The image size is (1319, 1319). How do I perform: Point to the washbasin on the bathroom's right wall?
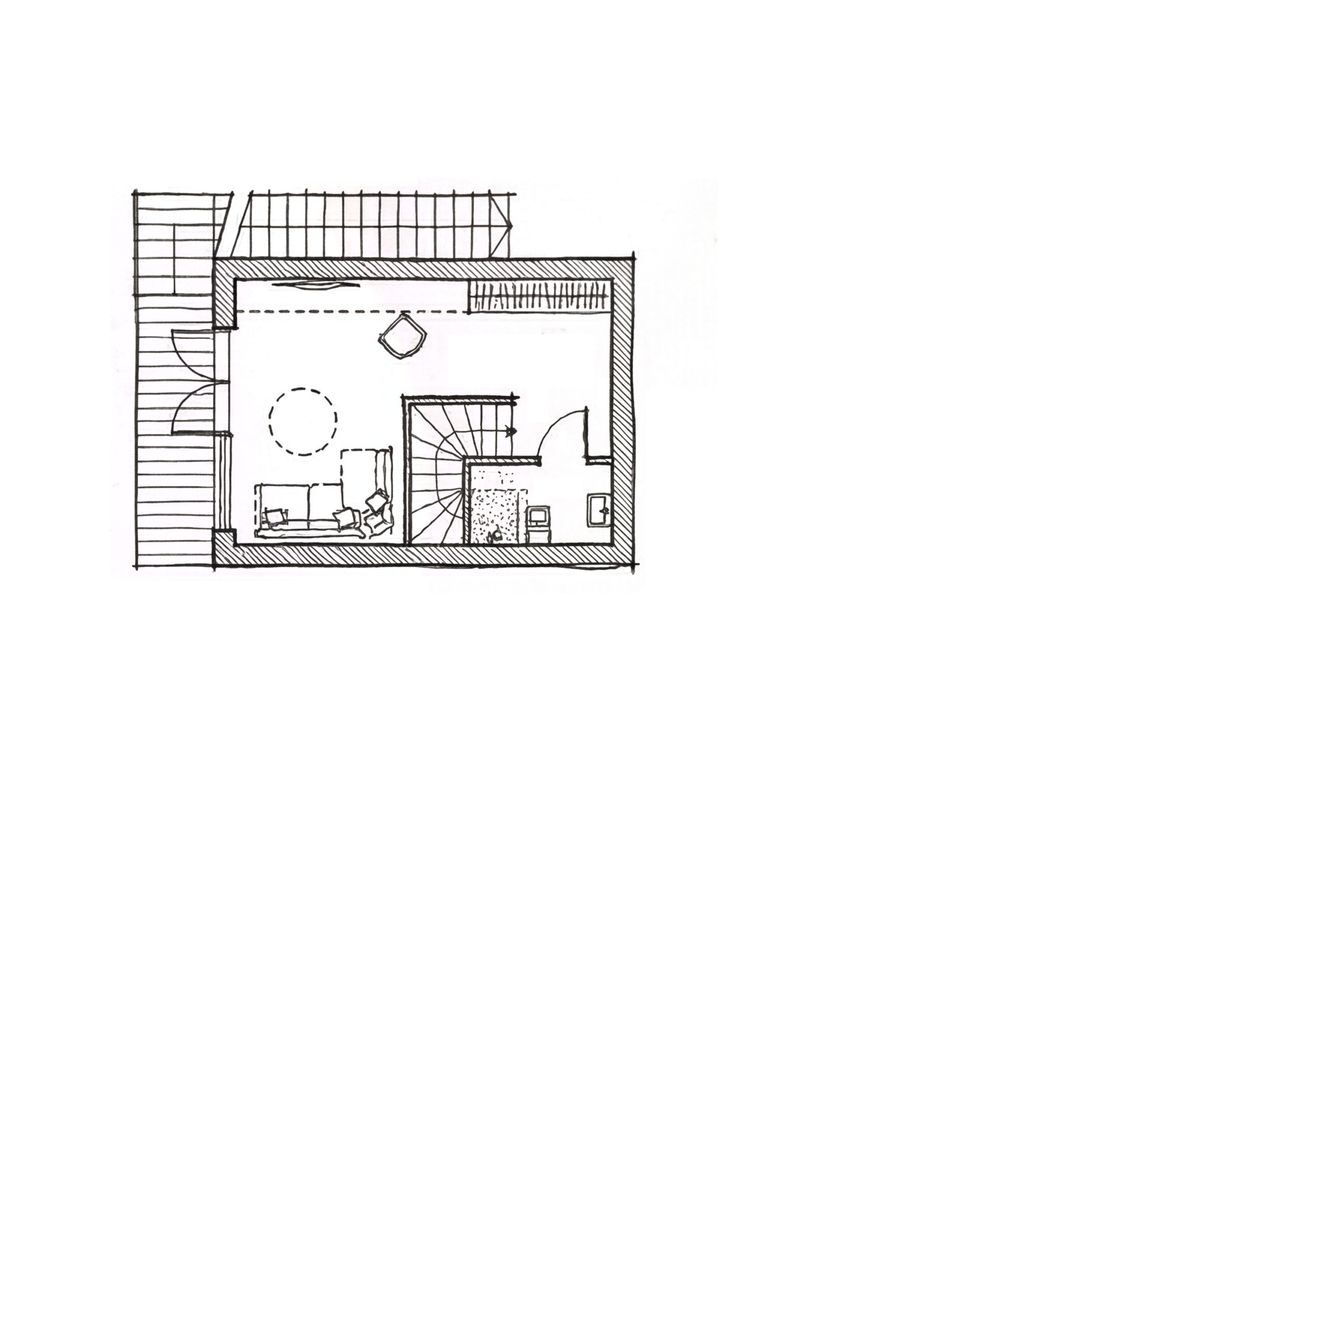[599, 511]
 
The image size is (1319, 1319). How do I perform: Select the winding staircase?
[437, 471]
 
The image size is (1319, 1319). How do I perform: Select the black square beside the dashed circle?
[360, 406]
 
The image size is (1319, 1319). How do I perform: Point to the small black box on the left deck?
[175, 286]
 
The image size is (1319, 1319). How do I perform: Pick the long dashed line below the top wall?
[355, 311]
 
